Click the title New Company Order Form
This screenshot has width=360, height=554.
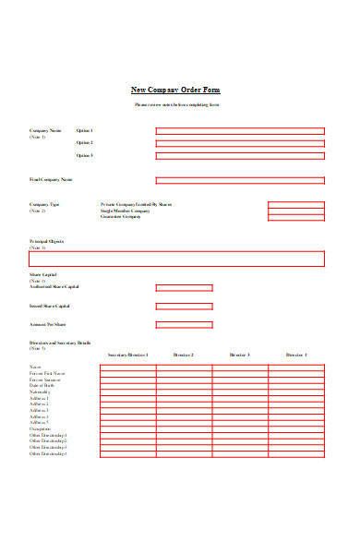[175, 90]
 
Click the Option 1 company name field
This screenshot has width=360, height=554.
[240, 131]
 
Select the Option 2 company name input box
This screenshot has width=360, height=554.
[240, 143]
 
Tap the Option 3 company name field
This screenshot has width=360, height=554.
[240, 156]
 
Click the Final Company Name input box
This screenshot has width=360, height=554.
[240, 180]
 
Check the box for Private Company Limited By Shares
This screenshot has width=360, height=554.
[296, 205]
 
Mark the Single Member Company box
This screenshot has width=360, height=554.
[296, 211]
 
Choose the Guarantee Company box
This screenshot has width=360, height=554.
[296, 218]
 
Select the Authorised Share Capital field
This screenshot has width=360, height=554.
[184, 287]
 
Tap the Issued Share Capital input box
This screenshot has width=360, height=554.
[184, 306]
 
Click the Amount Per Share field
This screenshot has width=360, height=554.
[184, 325]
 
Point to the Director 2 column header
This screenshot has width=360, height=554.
[183, 355]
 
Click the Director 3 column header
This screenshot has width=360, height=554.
[240, 355]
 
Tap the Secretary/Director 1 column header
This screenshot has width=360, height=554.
[127, 355]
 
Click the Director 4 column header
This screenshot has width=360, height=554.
[296, 355]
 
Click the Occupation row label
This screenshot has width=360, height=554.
[41, 428]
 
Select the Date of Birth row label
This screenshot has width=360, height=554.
[42, 385]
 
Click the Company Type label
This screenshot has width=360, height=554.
[44, 204]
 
